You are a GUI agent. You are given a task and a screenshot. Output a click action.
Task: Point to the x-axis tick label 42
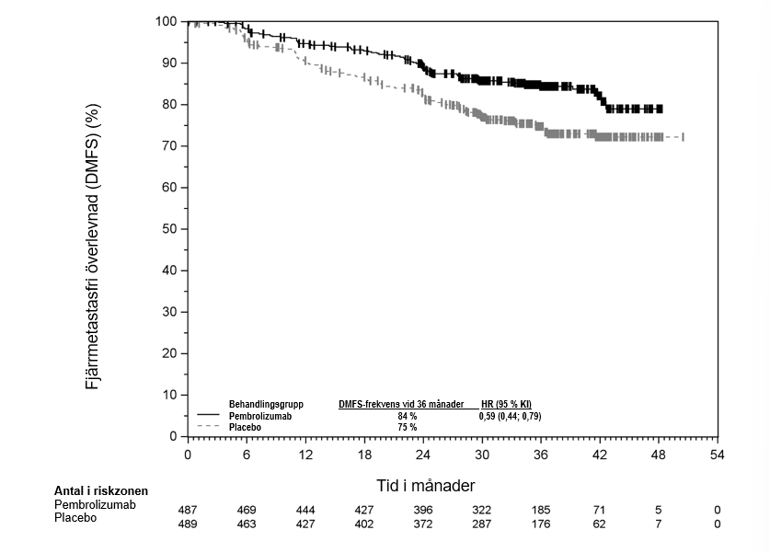[x=599, y=455]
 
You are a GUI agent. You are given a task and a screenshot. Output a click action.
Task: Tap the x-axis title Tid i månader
[x=426, y=485]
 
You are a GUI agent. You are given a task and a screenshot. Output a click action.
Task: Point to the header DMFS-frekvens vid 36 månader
[x=400, y=404]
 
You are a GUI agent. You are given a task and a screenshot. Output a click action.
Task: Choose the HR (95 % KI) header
[x=506, y=404]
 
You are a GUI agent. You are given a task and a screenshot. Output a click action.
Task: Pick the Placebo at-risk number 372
[x=422, y=524]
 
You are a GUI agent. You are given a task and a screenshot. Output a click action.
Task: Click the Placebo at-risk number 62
[x=599, y=524]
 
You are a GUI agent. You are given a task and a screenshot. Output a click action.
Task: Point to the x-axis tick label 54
[x=717, y=455]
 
